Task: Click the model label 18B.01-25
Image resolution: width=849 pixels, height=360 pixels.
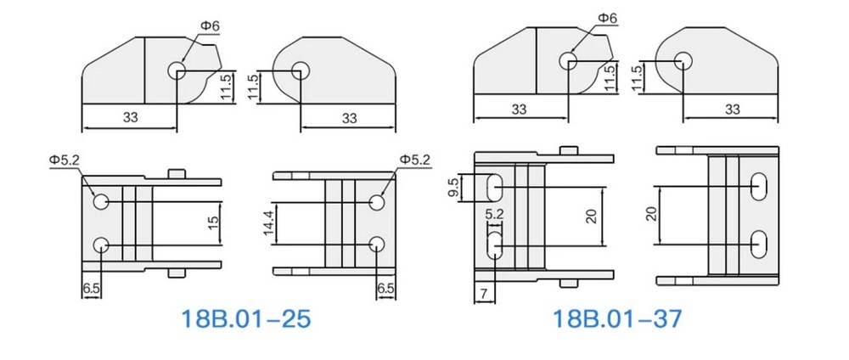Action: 246,319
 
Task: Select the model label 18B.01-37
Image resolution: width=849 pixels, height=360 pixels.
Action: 617,319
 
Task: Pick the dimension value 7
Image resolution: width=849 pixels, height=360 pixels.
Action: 482,293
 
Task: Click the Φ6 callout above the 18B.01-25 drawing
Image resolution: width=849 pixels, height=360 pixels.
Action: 209,26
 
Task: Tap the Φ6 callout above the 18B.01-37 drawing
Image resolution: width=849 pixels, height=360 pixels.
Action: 606,18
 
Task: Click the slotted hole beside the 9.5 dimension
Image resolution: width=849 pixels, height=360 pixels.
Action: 495,185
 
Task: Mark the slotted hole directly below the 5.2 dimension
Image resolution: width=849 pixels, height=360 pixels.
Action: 495,246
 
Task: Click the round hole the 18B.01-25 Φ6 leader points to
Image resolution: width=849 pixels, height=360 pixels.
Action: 177,70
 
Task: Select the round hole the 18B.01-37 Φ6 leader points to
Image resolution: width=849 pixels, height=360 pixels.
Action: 568,60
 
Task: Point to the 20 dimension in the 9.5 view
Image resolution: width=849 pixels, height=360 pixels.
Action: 593,216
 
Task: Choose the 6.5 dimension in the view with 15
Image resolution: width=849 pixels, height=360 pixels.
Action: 92,289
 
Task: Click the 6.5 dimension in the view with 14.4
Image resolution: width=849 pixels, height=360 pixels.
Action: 385,289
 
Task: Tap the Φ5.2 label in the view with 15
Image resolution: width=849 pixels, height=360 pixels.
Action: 65,160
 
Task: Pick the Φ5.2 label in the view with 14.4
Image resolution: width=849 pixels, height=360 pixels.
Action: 414,160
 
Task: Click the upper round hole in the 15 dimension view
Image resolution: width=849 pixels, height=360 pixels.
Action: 101,201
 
